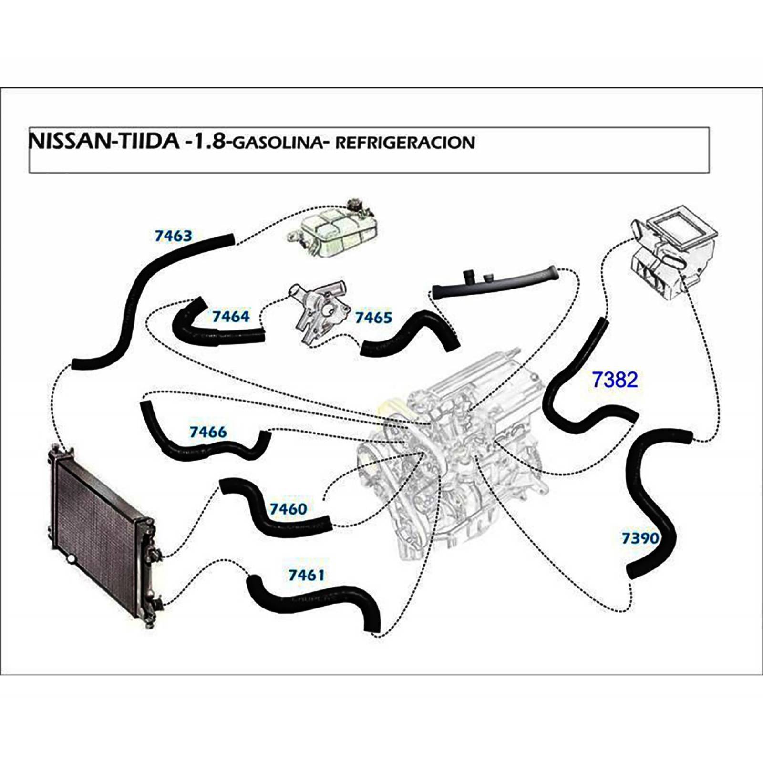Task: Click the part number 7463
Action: (x=173, y=236)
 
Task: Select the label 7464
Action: (x=231, y=316)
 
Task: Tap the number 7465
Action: (x=373, y=317)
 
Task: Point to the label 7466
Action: (x=208, y=432)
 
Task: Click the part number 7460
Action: (x=289, y=509)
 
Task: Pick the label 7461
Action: (x=306, y=575)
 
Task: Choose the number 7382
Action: (x=614, y=380)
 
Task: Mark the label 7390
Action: (x=640, y=538)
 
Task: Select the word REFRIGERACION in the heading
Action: (x=405, y=143)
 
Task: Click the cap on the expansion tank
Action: (x=356, y=206)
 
